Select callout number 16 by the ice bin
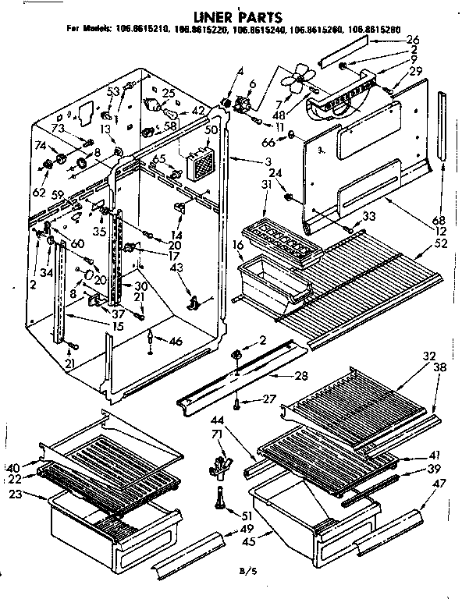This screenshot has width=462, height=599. tap(236, 244)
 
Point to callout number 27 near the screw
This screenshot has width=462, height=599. tap(270, 399)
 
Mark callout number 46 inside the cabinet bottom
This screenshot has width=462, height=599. tap(177, 340)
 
